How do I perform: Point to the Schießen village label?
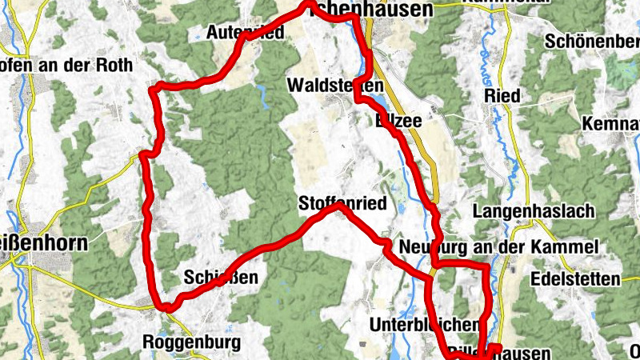[x=220, y=278]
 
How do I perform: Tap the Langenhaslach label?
[x=534, y=212]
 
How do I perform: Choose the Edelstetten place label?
[x=575, y=279]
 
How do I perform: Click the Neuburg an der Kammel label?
[x=498, y=246]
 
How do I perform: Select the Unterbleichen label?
[x=424, y=325]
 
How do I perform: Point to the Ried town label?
[x=502, y=96]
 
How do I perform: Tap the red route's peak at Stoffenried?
[x=339, y=206]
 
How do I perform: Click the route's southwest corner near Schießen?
[x=166, y=306]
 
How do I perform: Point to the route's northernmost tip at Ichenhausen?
[x=311, y=6]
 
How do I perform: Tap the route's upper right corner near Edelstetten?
[x=486, y=266]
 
